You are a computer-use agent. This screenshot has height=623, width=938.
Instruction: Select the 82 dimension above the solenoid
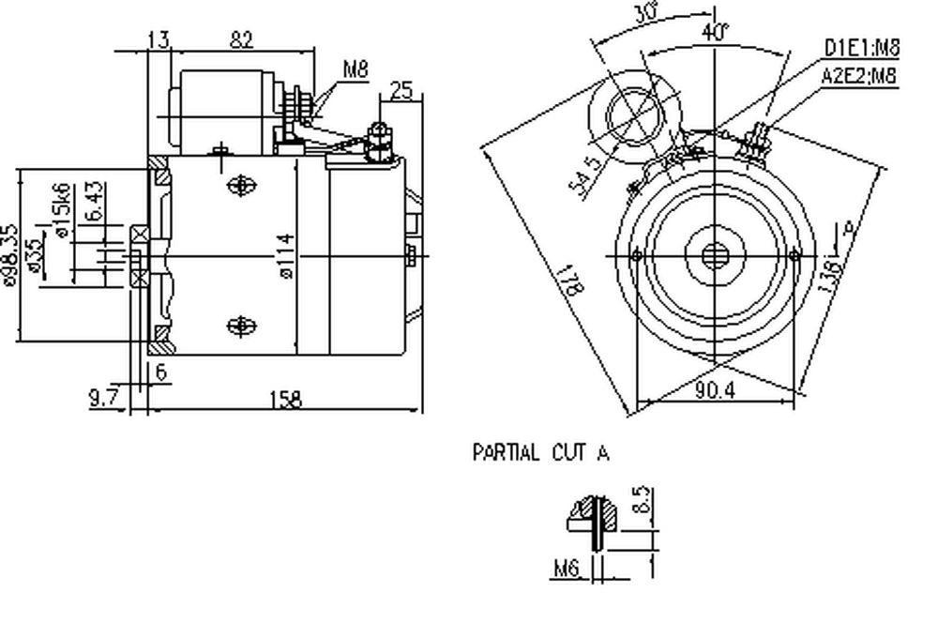(x=243, y=38)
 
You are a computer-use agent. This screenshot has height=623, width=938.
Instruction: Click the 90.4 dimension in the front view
(x=715, y=390)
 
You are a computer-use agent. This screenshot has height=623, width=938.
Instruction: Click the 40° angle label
(x=715, y=31)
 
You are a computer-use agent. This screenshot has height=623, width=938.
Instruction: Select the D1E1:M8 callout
(x=860, y=47)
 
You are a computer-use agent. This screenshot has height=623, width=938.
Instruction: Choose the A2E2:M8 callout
(x=860, y=77)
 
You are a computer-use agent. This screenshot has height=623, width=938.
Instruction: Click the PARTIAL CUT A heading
(x=540, y=454)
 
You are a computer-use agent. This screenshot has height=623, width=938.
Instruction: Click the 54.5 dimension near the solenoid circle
(x=583, y=172)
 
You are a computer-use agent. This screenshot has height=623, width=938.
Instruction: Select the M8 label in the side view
(x=355, y=68)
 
